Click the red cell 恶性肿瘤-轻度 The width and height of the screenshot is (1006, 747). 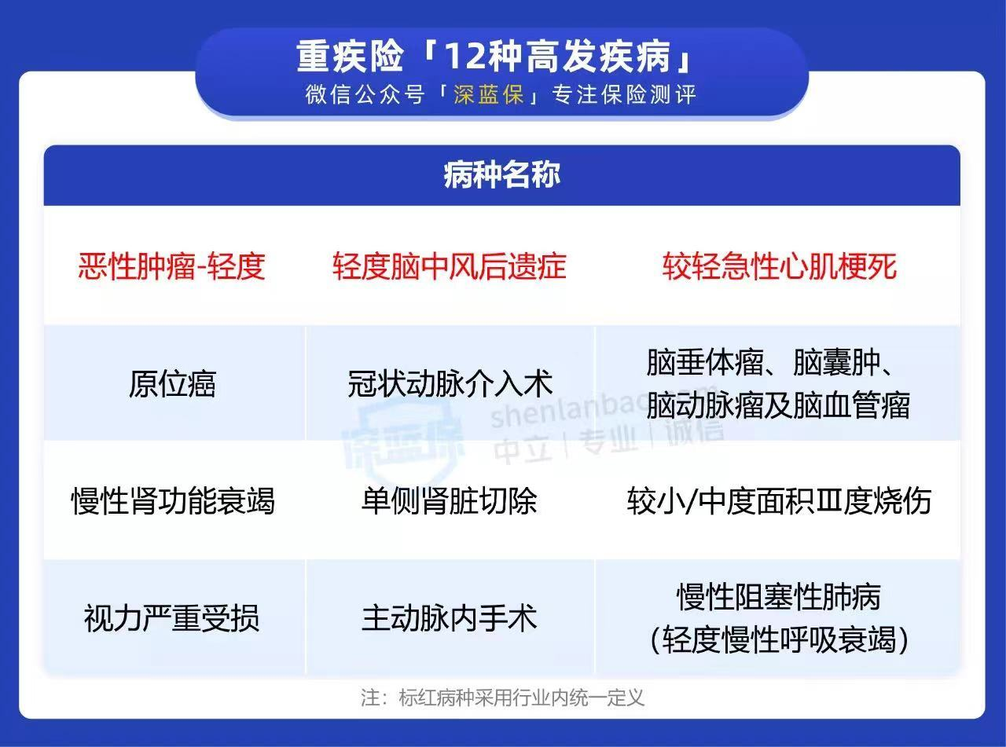(x=171, y=266)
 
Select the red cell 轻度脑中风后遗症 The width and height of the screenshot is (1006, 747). (x=450, y=266)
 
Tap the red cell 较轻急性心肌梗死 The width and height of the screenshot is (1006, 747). (x=779, y=266)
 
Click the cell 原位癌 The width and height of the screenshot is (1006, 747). (x=172, y=384)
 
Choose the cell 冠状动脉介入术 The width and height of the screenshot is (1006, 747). (x=450, y=384)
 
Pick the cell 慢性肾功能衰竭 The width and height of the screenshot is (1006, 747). (x=173, y=501)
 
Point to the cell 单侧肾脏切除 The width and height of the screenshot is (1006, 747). (x=449, y=501)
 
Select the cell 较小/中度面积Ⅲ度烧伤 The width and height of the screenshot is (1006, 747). (x=779, y=501)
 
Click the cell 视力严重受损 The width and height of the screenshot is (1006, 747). (x=172, y=618)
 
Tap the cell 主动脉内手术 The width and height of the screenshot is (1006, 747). (x=449, y=618)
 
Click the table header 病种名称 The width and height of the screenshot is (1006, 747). (x=502, y=175)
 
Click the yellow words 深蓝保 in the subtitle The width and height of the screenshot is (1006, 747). (x=489, y=95)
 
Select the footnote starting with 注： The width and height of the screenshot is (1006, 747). (x=502, y=698)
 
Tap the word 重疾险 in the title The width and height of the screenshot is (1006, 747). (x=349, y=57)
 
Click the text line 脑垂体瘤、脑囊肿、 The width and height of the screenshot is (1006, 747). (x=772, y=363)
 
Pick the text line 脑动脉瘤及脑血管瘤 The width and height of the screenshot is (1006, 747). (x=778, y=405)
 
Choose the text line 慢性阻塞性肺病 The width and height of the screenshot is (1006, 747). (x=779, y=597)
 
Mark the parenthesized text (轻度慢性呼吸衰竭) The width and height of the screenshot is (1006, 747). (x=779, y=639)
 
